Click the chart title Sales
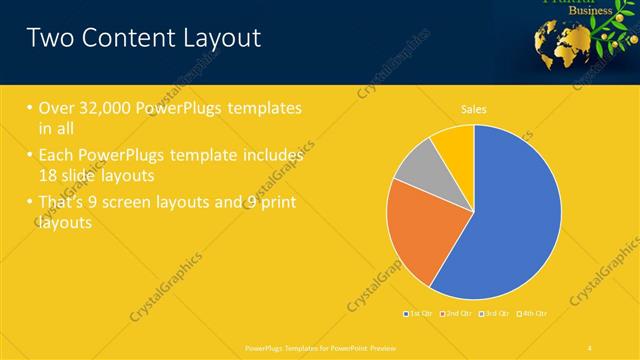tap(473, 109)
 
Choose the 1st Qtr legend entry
tap(421, 314)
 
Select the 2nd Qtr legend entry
tap(459, 314)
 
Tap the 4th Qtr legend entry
tap(534, 314)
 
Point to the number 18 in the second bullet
tap(52, 174)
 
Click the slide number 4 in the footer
tap(591, 346)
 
